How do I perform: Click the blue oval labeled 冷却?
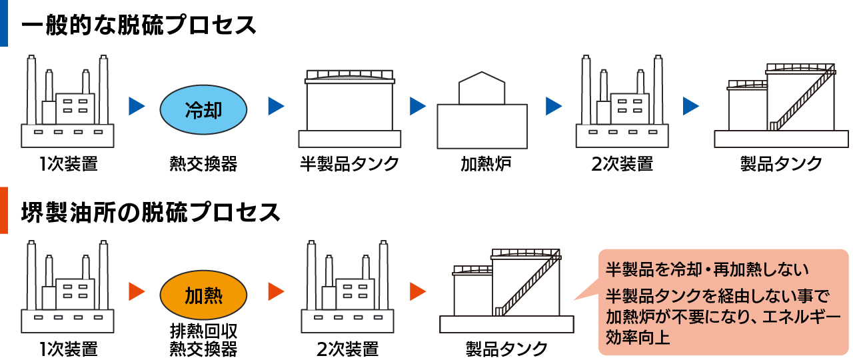click(203, 107)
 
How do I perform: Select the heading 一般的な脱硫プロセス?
click(139, 26)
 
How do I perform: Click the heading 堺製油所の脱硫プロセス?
click(151, 212)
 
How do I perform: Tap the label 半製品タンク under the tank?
click(349, 164)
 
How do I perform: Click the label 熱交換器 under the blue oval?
click(203, 164)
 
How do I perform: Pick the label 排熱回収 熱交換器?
click(203, 339)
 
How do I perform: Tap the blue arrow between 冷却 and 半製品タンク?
click(276, 105)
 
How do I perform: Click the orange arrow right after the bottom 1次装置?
click(137, 291)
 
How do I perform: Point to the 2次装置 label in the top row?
click(622, 164)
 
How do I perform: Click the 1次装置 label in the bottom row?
click(68, 349)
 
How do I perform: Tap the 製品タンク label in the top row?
click(781, 164)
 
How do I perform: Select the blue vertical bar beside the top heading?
click(3, 23)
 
